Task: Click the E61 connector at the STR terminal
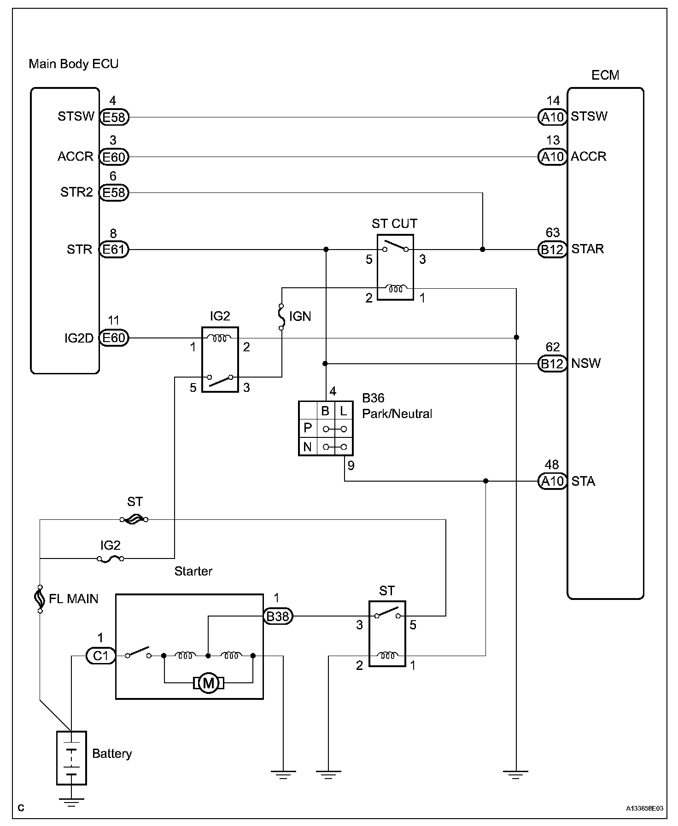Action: tap(114, 250)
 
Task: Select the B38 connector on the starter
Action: tap(278, 616)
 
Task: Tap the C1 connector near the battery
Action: tap(100, 655)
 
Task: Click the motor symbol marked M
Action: tap(209, 683)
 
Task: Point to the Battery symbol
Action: tap(71, 757)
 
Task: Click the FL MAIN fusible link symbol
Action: tap(40, 599)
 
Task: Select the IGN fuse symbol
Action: tap(281, 316)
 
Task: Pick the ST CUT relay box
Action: tap(395, 267)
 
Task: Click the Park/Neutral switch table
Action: tap(326, 428)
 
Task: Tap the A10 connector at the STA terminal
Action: tap(552, 481)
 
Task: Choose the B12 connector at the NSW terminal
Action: tap(552, 364)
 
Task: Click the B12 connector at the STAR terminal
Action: tap(552, 250)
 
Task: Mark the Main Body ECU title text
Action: tap(74, 64)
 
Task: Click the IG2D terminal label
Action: tap(79, 338)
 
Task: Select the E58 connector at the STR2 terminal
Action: tap(114, 192)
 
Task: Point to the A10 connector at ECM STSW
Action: tap(552, 117)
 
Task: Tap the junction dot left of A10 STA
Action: tap(485, 481)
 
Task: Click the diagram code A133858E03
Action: tap(644, 808)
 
